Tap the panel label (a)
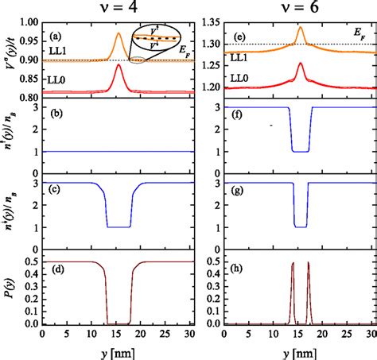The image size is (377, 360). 59,37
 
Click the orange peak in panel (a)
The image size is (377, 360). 119,36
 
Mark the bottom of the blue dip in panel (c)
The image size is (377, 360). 119,226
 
